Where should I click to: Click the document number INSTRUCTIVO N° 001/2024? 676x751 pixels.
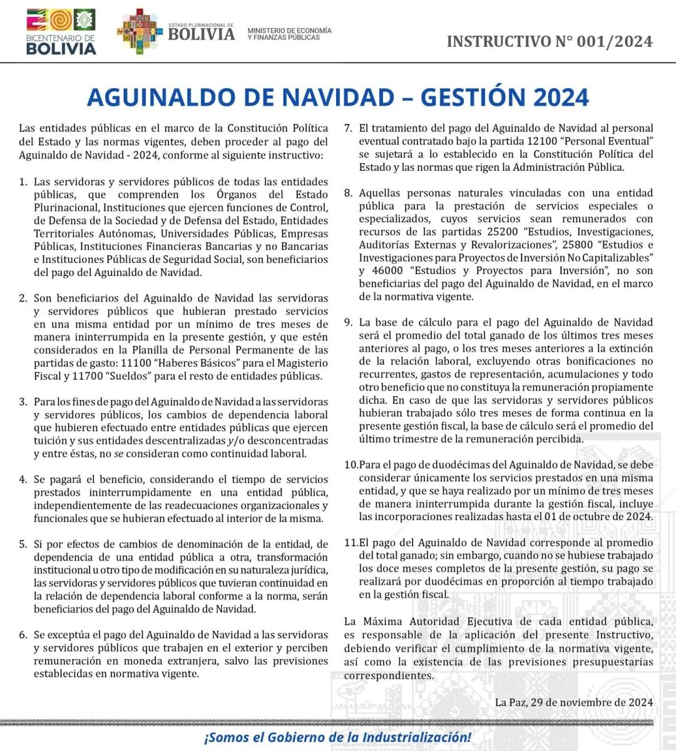(550, 42)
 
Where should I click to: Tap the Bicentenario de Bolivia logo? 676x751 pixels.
(61, 31)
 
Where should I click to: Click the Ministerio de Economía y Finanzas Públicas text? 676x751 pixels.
(289, 34)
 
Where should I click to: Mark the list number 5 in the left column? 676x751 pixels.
(23, 544)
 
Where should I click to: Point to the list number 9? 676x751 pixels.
(349, 323)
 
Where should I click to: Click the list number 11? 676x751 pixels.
(351, 543)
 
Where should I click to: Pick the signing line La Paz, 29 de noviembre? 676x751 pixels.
(573, 702)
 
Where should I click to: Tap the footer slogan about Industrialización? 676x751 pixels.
(337, 737)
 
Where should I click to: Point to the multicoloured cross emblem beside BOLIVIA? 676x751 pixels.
(139, 31)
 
